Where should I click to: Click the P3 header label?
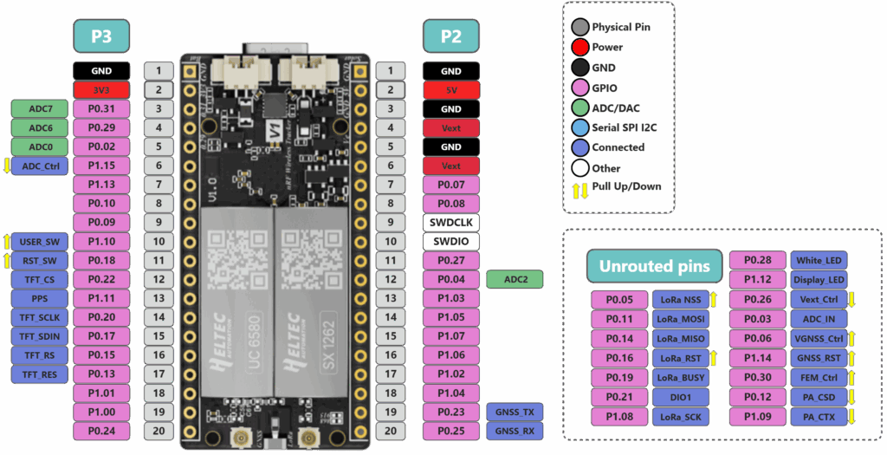(x=101, y=36)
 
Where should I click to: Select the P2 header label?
(x=451, y=36)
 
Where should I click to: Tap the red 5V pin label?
(x=451, y=90)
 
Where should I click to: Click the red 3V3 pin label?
(x=101, y=90)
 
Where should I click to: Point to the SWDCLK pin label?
(x=451, y=222)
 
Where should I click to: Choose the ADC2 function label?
(x=515, y=279)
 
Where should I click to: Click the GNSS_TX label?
(x=515, y=412)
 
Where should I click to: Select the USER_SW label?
(x=39, y=241)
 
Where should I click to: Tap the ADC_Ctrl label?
(x=39, y=166)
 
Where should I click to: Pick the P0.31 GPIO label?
(x=101, y=109)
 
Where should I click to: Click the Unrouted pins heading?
(x=655, y=267)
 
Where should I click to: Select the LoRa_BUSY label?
(x=680, y=378)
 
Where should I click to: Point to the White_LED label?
(x=819, y=261)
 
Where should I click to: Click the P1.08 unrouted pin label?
(x=619, y=417)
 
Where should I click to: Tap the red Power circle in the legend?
(x=580, y=48)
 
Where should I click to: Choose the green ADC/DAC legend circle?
(x=580, y=107)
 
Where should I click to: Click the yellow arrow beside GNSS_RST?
(x=851, y=358)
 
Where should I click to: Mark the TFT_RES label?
(x=39, y=374)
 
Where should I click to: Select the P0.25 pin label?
(x=451, y=431)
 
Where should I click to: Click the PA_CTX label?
(x=819, y=417)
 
